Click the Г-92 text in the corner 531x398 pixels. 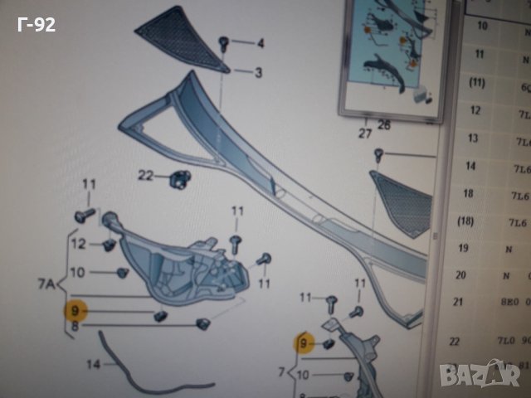point(36,26)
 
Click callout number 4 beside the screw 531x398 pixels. point(259,43)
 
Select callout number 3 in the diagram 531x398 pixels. point(258,73)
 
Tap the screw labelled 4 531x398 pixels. point(224,41)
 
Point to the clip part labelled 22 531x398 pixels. point(178,177)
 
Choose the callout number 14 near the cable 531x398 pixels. point(91,364)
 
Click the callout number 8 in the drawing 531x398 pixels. point(76,327)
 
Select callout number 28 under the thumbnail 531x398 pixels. point(383,125)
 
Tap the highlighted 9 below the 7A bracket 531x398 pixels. point(76,310)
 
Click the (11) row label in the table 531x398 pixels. point(477,82)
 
